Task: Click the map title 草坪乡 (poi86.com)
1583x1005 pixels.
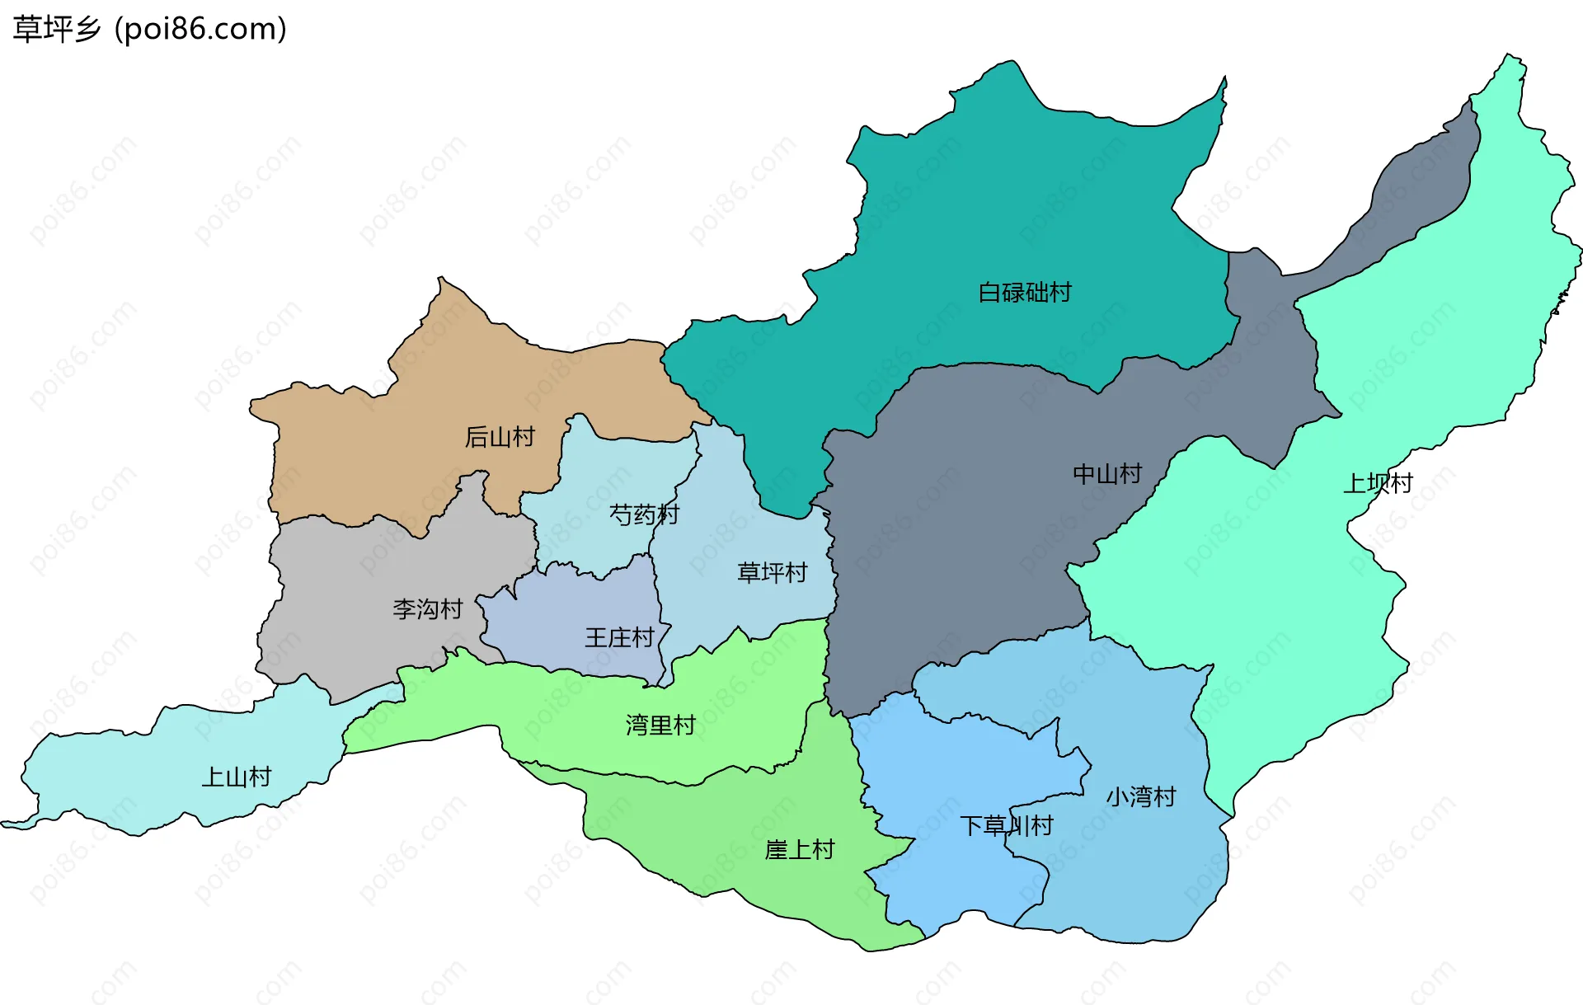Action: pyautogui.click(x=150, y=29)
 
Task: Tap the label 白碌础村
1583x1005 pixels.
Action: pyautogui.click(x=1024, y=293)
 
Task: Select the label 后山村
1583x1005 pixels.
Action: pyautogui.click(x=500, y=437)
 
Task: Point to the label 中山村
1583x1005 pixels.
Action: pyautogui.click(x=1107, y=474)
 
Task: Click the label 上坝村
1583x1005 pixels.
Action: pyautogui.click(x=1378, y=483)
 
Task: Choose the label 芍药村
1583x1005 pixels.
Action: pyautogui.click(x=644, y=515)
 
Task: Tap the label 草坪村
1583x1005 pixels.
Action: pyautogui.click(x=772, y=573)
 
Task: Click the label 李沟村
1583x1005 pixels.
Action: pyautogui.click(x=427, y=610)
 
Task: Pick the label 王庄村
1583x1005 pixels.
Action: pyautogui.click(x=619, y=638)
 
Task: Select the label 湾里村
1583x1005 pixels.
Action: pyautogui.click(x=660, y=726)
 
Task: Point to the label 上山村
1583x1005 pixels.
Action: pyautogui.click(x=237, y=777)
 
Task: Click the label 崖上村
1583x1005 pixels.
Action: pyautogui.click(x=800, y=850)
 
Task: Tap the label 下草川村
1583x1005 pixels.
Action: pyautogui.click(x=1006, y=826)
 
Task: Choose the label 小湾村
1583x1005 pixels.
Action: pyautogui.click(x=1140, y=797)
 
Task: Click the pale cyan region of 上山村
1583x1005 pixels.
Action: pyautogui.click(x=124, y=775)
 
